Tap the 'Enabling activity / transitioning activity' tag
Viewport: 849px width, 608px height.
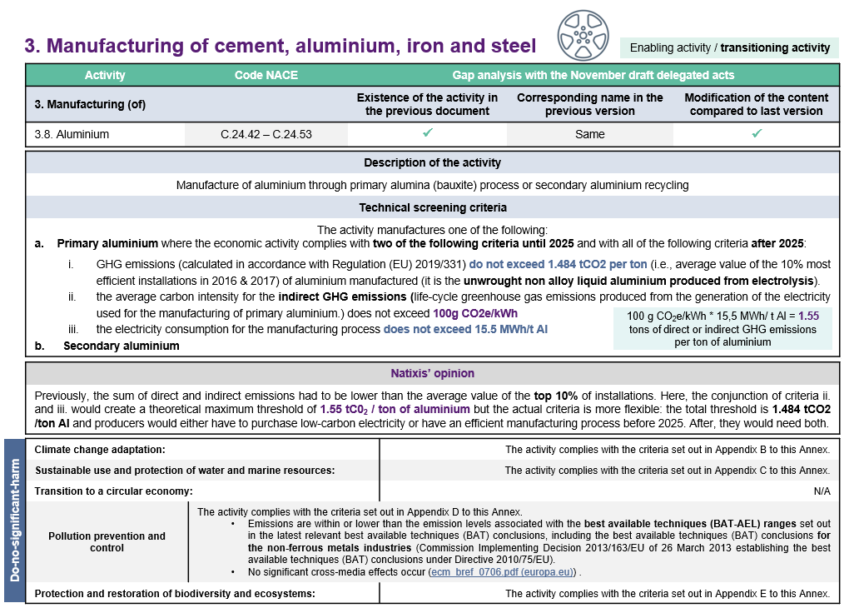[x=730, y=47]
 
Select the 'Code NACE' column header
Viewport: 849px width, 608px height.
[x=266, y=75]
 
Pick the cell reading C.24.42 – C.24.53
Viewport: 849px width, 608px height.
[x=266, y=133]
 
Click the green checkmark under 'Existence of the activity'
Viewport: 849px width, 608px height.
[x=427, y=133]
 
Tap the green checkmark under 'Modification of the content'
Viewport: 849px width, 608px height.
[x=756, y=133]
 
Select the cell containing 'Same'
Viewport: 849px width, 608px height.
[x=589, y=133]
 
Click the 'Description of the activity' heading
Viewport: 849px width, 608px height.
[x=432, y=162]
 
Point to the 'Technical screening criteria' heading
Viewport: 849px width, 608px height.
[x=432, y=207]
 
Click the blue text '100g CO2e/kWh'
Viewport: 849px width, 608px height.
[x=475, y=313]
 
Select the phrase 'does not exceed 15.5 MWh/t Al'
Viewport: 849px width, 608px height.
[x=465, y=329]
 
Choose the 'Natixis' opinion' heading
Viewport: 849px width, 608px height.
[x=432, y=373]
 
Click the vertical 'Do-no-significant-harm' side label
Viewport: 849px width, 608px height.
[x=15, y=520]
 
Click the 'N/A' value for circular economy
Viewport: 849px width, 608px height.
[x=822, y=491]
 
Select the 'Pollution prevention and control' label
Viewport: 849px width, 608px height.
[x=107, y=541]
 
